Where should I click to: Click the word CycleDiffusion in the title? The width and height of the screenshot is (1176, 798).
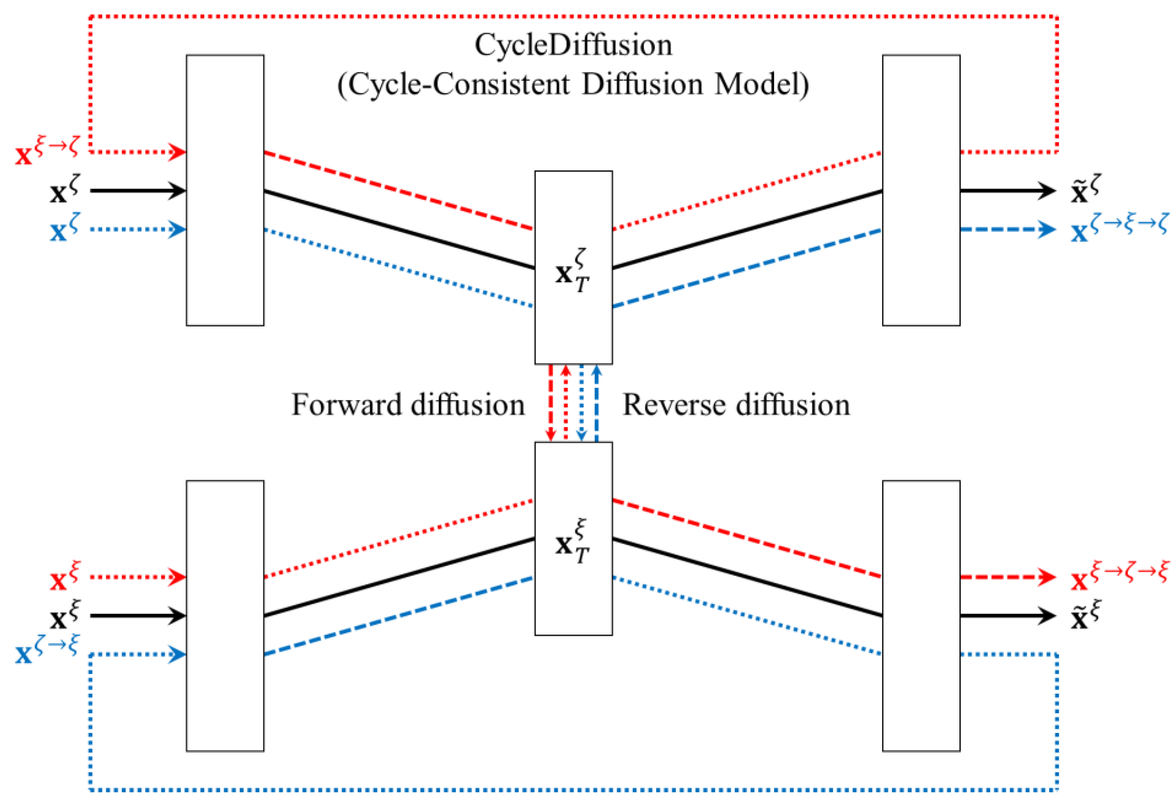[573, 45]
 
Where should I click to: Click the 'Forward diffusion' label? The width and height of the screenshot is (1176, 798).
[408, 405]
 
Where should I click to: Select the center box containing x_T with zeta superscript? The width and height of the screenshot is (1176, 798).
[573, 267]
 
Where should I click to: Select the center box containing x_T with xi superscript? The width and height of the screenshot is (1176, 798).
[573, 538]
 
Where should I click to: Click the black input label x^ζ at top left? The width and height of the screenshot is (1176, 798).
[65, 191]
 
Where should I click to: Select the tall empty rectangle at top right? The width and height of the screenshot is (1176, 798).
[921, 190]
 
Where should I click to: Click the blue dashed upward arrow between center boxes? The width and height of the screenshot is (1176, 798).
[597, 403]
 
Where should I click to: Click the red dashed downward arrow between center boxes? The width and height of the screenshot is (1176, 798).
[551, 403]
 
